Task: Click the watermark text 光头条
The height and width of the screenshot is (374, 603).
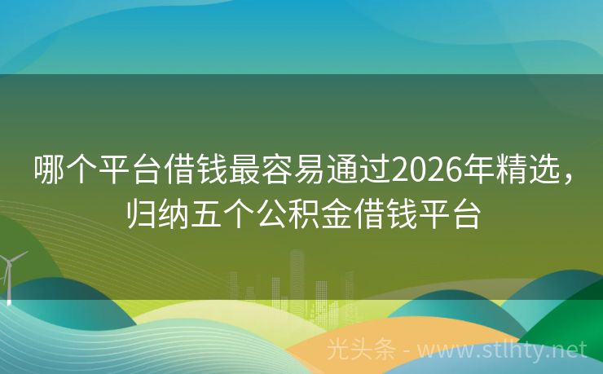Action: tap(360, 350)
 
